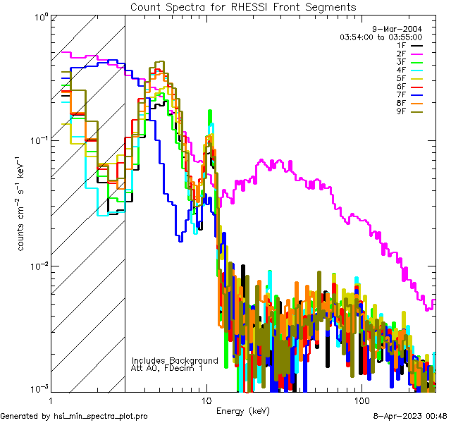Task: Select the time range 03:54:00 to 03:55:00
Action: pyautogui.click(x=381, y=37)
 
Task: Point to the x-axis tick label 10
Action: pyautogui.click(x=206, y=400)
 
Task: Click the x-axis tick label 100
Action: pyautogui.click(x=361, y=400)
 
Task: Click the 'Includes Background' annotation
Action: pyautogui.click(x=175, y=361)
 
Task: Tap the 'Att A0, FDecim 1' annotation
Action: pyautogui.click(x=167, y=369)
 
